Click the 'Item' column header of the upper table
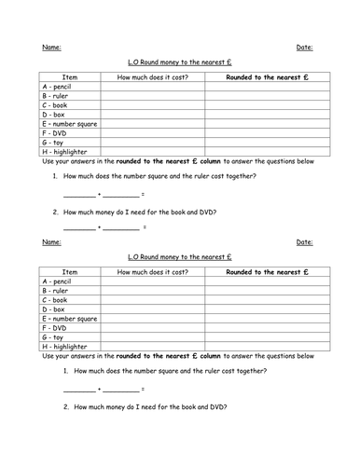pos(70,77)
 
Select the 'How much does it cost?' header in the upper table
pos(153,77)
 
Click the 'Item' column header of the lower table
pos(70,273)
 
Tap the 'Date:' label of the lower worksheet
pos(304,242)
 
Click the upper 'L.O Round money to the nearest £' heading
pos(179,62)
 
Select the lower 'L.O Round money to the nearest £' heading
pos(179,257)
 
